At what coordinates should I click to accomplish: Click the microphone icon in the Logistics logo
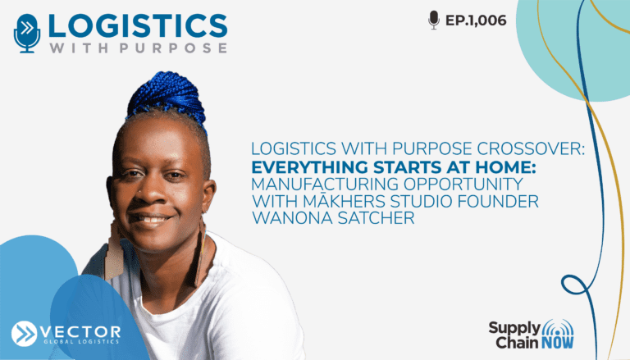click(27, 34)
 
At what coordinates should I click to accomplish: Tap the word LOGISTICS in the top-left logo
click(138, 25)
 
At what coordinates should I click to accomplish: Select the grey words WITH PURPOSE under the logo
click(138, 48)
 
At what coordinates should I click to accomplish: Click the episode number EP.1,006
click(476, 21)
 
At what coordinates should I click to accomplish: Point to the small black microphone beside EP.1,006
click(434, 20)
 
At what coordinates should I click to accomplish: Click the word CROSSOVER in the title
click(530, 149)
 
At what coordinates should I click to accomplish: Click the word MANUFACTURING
click(325, 184)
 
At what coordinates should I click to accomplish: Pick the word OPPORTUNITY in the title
click(463, 184)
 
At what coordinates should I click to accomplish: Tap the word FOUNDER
click(494, 201)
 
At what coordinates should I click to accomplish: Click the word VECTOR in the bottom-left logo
click(80, 332)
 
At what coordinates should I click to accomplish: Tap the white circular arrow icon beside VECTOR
click(24, 334)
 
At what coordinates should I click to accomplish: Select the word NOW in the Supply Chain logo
click(557, 343)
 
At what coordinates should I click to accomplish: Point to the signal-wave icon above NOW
click(558, 328)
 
